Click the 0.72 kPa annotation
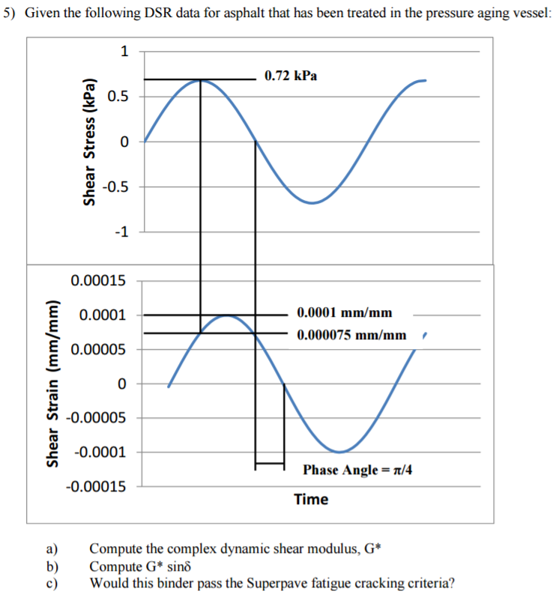(291, 76)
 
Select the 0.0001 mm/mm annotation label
(344, 312)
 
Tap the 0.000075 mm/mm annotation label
(351, 334)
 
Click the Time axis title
(311, 500)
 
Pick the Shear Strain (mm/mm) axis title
(53, 384)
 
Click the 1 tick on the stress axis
(124, 52)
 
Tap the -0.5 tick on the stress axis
(118, 187)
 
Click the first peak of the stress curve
(200, 79)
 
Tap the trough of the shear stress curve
(312, 202)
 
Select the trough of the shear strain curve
(340, 452)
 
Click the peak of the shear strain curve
(228, 315)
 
